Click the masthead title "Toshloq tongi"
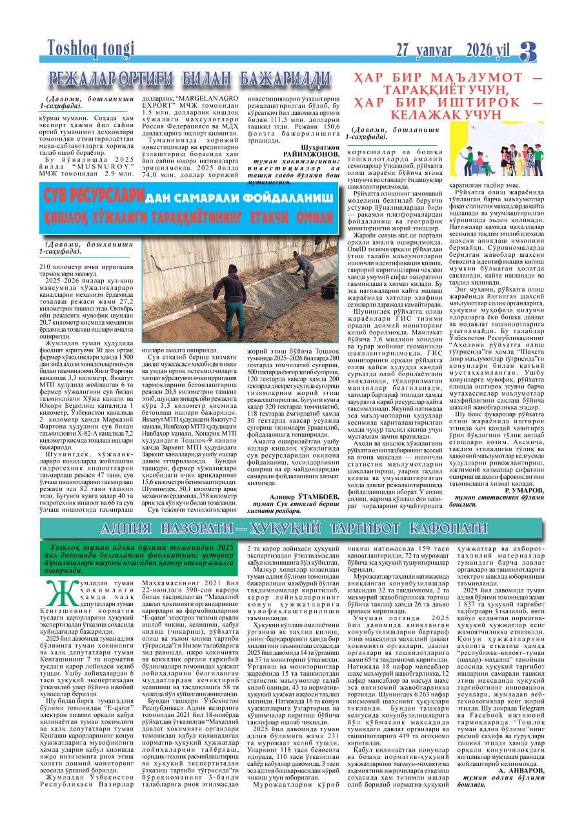pyautogui.click(x=90, y=48)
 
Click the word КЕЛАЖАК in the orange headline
pyautogui.click(x=438, y=114)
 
